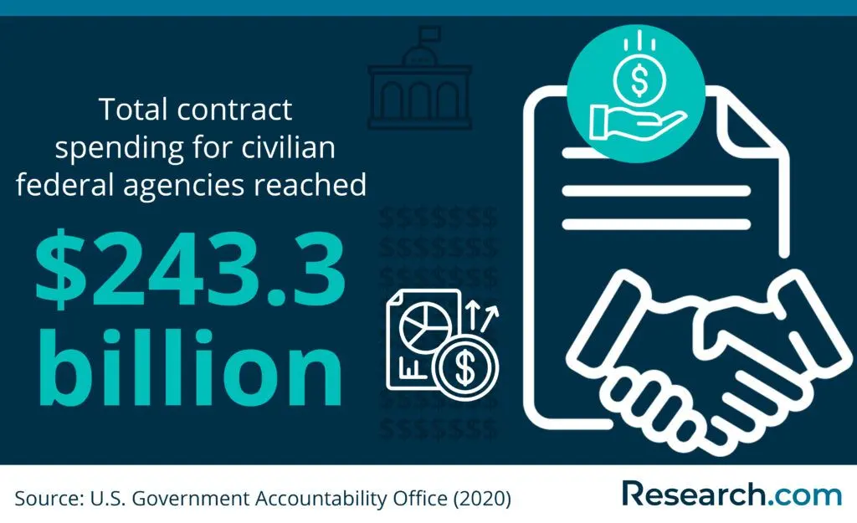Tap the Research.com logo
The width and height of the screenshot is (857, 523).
[731, 494]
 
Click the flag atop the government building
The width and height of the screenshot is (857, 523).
[428, 33]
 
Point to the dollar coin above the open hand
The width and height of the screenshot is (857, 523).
[639, 79]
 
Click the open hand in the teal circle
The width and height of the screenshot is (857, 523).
[637, 122]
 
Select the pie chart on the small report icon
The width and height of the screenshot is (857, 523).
[425, 327]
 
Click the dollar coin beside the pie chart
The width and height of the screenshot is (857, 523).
[465, 367]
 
